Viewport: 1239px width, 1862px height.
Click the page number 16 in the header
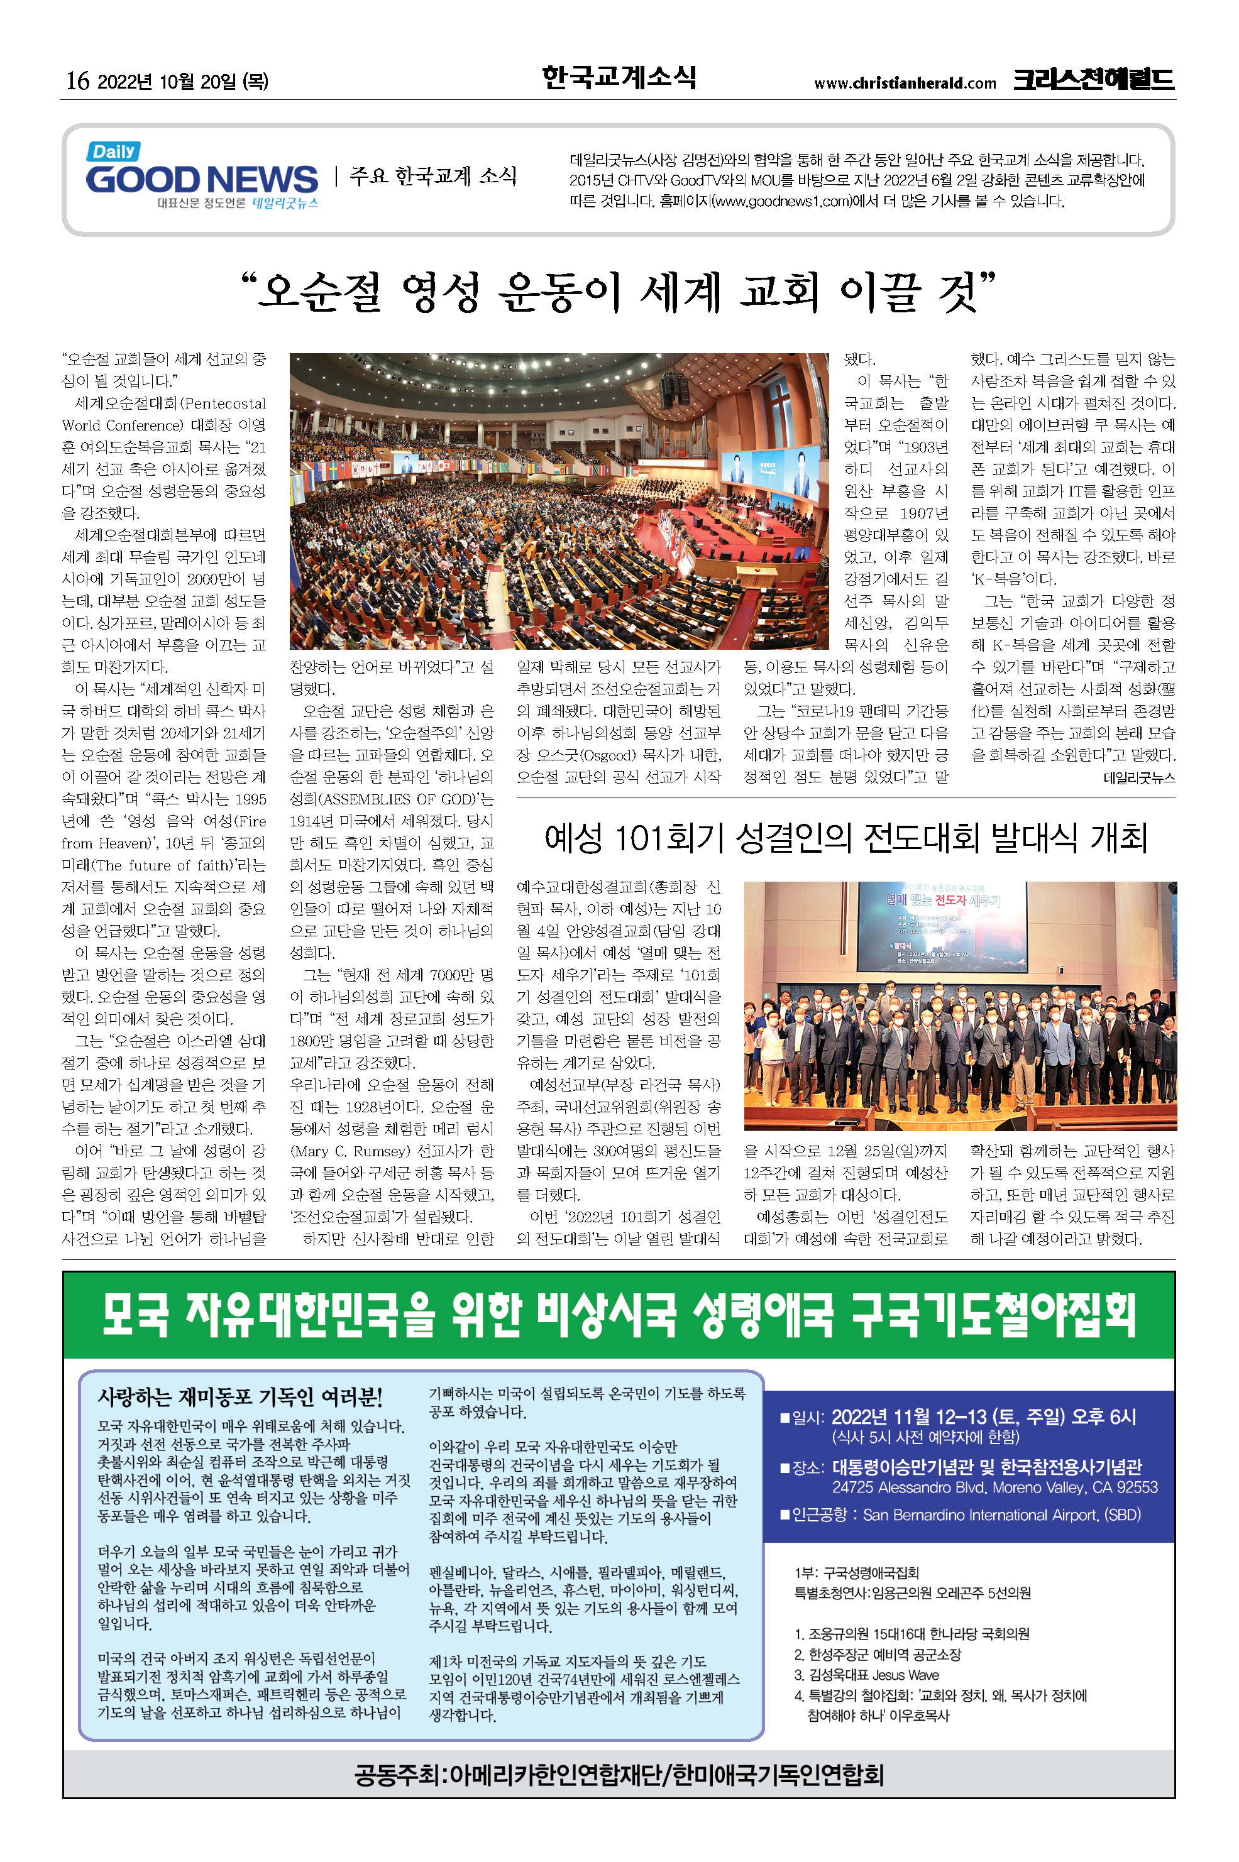(77, 80)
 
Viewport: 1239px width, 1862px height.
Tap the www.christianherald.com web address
(905, 83)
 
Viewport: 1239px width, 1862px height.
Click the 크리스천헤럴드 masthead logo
(1094, 80)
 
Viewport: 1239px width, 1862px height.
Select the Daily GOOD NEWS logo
(202, 175)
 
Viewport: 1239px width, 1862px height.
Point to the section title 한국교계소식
(619, 77)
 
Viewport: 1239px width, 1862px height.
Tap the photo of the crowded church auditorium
(559, 501)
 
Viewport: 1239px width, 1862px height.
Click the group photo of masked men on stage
(959, 1005)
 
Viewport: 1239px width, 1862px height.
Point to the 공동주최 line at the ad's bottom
(619, 1775)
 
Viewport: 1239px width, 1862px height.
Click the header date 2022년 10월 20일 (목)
(182, 81)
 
